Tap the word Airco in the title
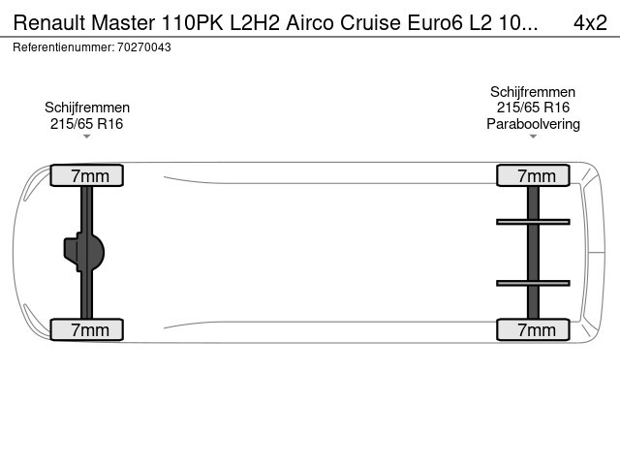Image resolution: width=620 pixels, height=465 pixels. [310, 22]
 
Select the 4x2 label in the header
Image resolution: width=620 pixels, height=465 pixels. [590, 22]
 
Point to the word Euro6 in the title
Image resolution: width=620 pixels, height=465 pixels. [435, 22]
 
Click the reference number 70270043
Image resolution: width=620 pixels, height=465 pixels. [144, 47]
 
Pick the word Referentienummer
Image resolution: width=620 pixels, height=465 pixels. [63, 47]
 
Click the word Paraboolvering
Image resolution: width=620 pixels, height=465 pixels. [533, 124]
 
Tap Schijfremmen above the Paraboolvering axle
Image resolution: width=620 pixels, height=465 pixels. [533, 92]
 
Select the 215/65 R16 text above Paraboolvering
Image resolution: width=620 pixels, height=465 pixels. [533, 108]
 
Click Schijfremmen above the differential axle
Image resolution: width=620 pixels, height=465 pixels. [87, 108]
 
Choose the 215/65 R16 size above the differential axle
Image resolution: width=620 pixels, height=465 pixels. [86, 124]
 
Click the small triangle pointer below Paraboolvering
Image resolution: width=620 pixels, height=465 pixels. [533, 137]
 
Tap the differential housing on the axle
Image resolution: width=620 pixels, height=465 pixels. [84, 252]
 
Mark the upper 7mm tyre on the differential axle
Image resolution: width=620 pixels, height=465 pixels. [87, 175]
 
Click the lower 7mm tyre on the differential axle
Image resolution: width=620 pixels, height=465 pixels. [87, 329]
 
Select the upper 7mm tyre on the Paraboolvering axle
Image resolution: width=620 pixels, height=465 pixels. [533, 175]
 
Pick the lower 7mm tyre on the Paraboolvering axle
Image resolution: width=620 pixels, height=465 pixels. [533, 329]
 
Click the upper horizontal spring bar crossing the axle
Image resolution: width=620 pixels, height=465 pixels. [533, 222]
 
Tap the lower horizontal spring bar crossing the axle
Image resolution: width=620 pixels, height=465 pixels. [533, 283]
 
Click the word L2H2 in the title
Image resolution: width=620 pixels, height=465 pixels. [255, 22]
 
